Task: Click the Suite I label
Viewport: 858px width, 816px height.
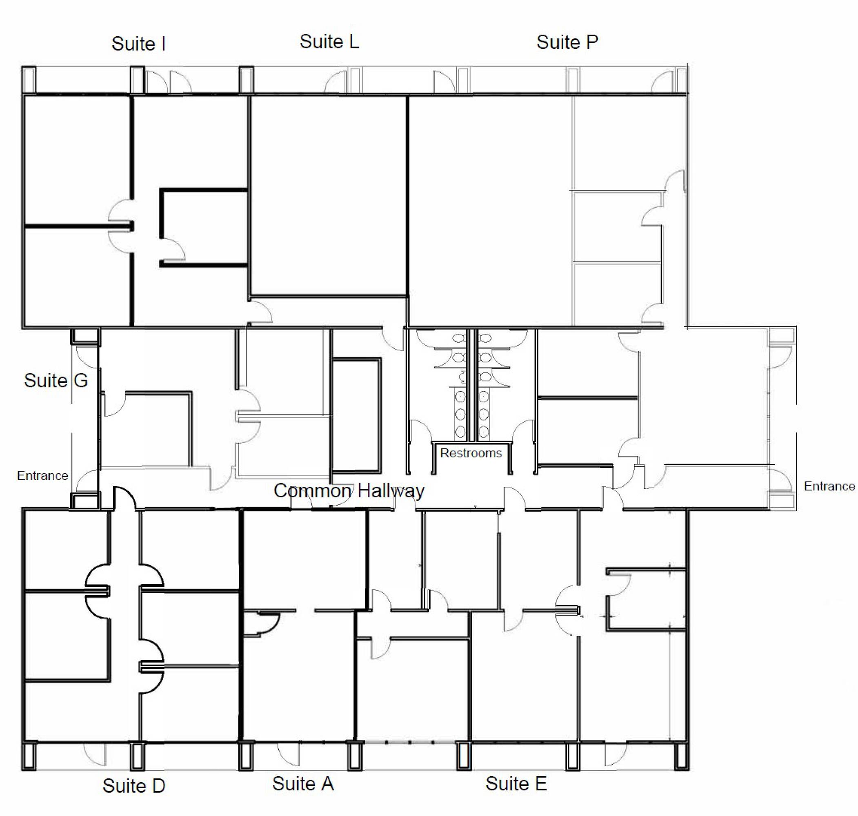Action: [x=138, y=44]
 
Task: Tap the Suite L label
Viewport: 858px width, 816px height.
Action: [x=329, y=42]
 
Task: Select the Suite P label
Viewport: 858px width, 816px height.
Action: [x=567, y=42]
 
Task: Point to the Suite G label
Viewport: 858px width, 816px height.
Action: [x=56, y=380]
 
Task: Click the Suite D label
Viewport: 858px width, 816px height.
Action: [x=134, y=785]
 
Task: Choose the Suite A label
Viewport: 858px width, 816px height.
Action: [x=303, y=783]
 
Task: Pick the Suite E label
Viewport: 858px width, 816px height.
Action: [x=516, y=783]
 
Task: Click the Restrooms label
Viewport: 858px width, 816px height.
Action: [x=471, y=453]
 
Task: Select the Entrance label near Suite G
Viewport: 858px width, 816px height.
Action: [x=42, y=475]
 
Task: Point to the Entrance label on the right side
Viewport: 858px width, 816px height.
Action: [x=829, y=486]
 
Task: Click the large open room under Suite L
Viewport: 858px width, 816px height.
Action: [x=329, y=196]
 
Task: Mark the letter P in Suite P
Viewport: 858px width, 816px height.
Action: [x=592, y=42]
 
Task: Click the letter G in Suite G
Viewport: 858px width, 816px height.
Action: [x=80, y=380]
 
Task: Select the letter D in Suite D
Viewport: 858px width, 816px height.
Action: [x=159, y=785]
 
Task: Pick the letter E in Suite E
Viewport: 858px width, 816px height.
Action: [x=541, y=783]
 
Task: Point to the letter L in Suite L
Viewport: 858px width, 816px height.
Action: [x=354, y=42]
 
